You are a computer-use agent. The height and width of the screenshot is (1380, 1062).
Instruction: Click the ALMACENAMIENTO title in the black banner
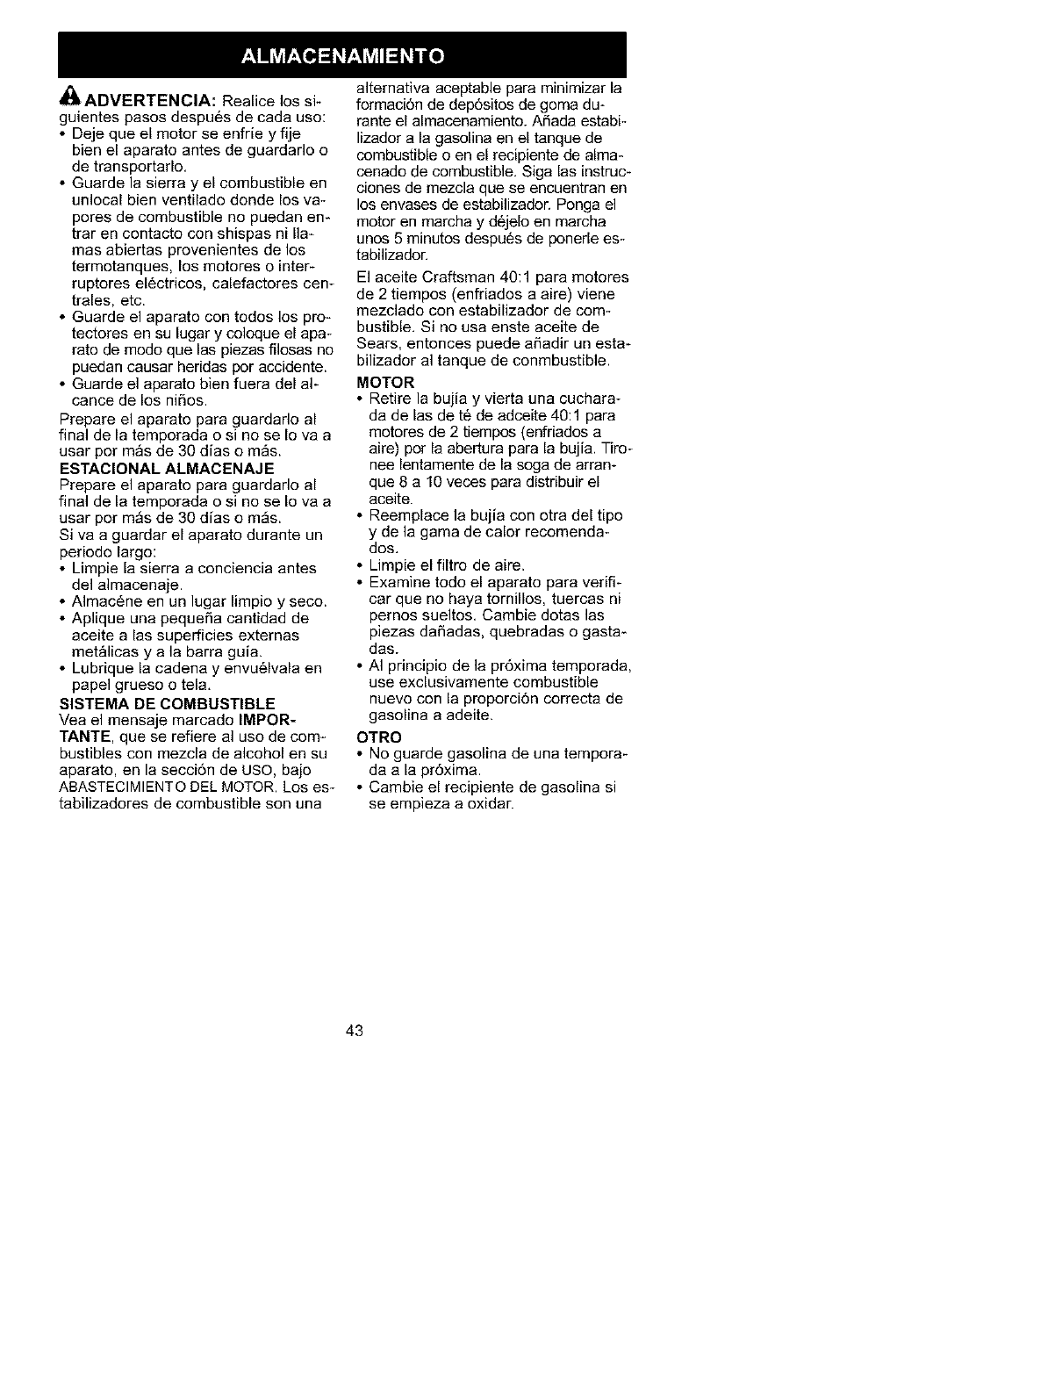(x=341, y=55)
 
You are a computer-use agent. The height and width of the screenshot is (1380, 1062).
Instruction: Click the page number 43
(x=354, y=1030)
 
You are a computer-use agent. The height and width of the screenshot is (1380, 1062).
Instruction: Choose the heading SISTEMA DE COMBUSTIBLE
(x=167, y=703)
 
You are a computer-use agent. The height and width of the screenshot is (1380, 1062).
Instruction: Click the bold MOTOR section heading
(x=385, y=383)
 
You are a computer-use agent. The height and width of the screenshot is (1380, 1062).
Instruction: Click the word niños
(x=184, y=401)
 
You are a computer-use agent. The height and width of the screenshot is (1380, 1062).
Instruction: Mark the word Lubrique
(x=101, y=669)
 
